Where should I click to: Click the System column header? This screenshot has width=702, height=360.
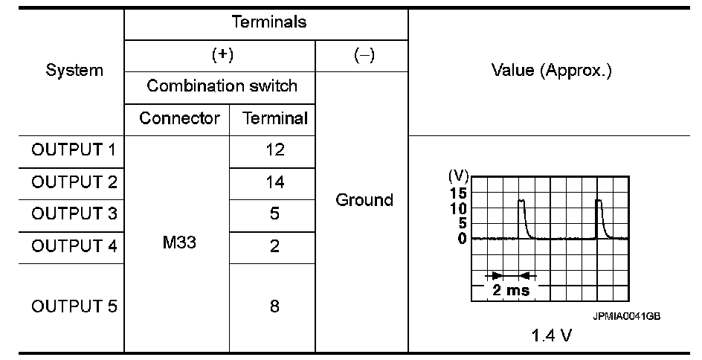[74, 71]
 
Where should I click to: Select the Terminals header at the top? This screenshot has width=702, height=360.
[268, 22]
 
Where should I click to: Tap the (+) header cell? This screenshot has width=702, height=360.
[221, 56]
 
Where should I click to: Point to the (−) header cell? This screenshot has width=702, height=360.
[361, 56]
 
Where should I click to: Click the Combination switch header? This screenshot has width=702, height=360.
[222, 86]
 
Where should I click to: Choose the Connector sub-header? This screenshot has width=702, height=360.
[179, 118]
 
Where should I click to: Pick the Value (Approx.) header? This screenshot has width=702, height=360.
[551, 71]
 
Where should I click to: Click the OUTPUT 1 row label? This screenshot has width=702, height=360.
[74, 150]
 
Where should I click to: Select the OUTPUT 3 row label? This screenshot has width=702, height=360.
[74, 213]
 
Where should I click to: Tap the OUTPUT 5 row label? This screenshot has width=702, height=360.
[74, 306]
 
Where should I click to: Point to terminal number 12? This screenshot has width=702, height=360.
[274, 150]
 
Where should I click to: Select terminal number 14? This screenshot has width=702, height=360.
[274, 181]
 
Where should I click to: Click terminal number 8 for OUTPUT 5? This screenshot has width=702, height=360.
[274, 306]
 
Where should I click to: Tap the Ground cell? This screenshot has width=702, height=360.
[364, 200]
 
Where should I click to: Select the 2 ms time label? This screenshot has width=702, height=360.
[511, 290]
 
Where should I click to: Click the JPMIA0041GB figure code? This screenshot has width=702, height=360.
[626, 315]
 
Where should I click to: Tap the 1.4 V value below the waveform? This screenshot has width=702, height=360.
[552, 335]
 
